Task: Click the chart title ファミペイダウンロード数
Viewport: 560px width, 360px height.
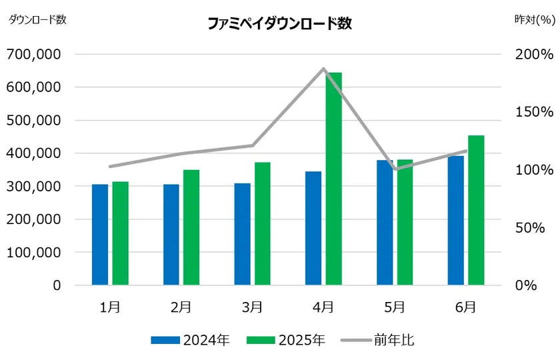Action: tap(279, 24)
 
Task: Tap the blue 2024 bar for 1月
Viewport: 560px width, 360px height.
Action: tap(100, 235)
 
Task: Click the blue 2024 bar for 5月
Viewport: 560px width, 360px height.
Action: tap(385, 223)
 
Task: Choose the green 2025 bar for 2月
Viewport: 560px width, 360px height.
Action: tap(191, 227)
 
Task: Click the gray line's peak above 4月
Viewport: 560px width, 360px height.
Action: tap(324, 69)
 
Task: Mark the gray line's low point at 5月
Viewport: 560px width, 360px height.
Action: tap(396, 169)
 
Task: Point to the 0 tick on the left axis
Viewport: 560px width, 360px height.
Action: tap(57, 285)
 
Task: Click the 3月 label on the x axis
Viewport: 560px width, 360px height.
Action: tap(252, 307)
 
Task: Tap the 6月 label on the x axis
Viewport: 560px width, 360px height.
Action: tap(466, 307)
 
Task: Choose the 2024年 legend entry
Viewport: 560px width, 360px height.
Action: tap(191, 340)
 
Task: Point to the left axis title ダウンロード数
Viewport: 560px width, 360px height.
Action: tap(37, 19)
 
